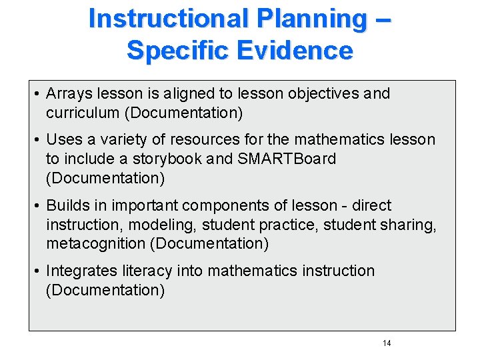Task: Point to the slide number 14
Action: pyautogui.click(x=387, y=343)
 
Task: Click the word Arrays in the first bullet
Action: pyautogui.click(x=69, y=94)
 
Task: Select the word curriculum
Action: pyautogui.click(x=83, y=113)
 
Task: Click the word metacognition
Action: pyautogui.click(x=97, y=244)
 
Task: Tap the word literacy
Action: pyautogui.click(x=145, y=271)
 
